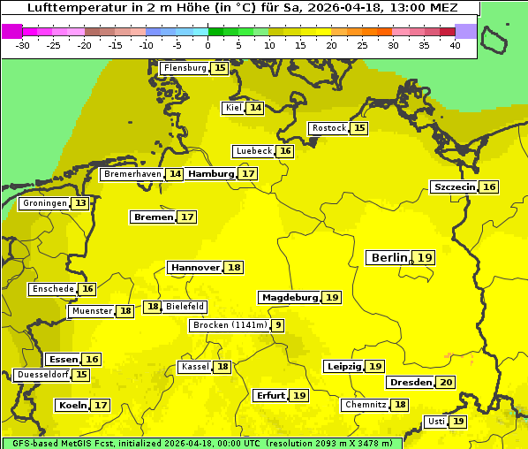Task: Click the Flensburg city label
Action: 185,68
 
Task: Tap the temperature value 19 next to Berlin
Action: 426,257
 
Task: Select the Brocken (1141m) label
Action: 229,325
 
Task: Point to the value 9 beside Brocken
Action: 278,325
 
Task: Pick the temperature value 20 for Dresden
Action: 446,383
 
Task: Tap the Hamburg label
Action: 210,174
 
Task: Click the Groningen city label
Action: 45,203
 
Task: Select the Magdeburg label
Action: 290,297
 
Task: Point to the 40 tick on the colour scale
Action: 455,45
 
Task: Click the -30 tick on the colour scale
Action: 23,45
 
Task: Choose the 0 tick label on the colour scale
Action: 208,45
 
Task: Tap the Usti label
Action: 435,422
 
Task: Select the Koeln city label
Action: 72,406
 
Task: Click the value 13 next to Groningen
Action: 80,203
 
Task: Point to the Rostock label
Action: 329,128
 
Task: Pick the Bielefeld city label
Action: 185,307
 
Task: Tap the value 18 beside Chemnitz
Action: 400,405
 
